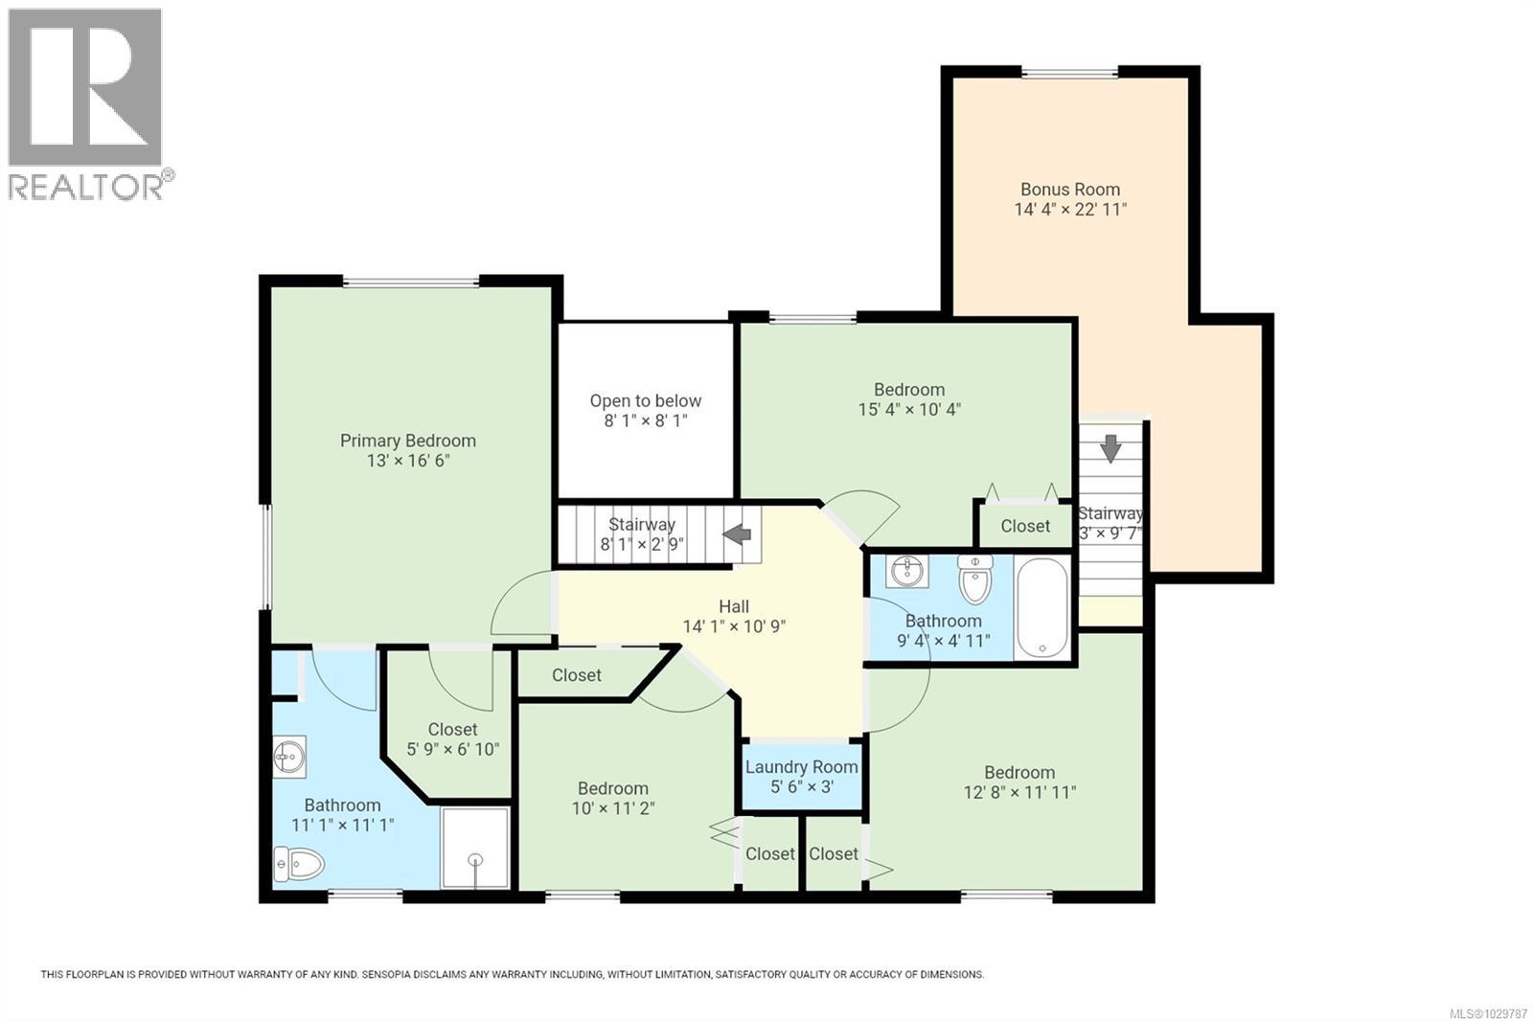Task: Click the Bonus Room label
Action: [1069, 190]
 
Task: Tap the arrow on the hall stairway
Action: [737, 534]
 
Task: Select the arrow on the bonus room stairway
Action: [1110, 447]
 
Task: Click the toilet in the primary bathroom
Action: [299, 865]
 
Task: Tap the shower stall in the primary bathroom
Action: [474, 848]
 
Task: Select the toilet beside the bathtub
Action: [974, 579]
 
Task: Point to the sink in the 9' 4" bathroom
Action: [906, 572]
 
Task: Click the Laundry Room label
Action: [801, 767]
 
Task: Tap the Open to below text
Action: [645, 401]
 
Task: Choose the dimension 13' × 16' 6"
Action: [408, 461]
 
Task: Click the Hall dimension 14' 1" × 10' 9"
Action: [734, 626]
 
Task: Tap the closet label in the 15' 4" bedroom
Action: [1024, 526]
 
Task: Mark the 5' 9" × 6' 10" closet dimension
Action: [452, 749]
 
